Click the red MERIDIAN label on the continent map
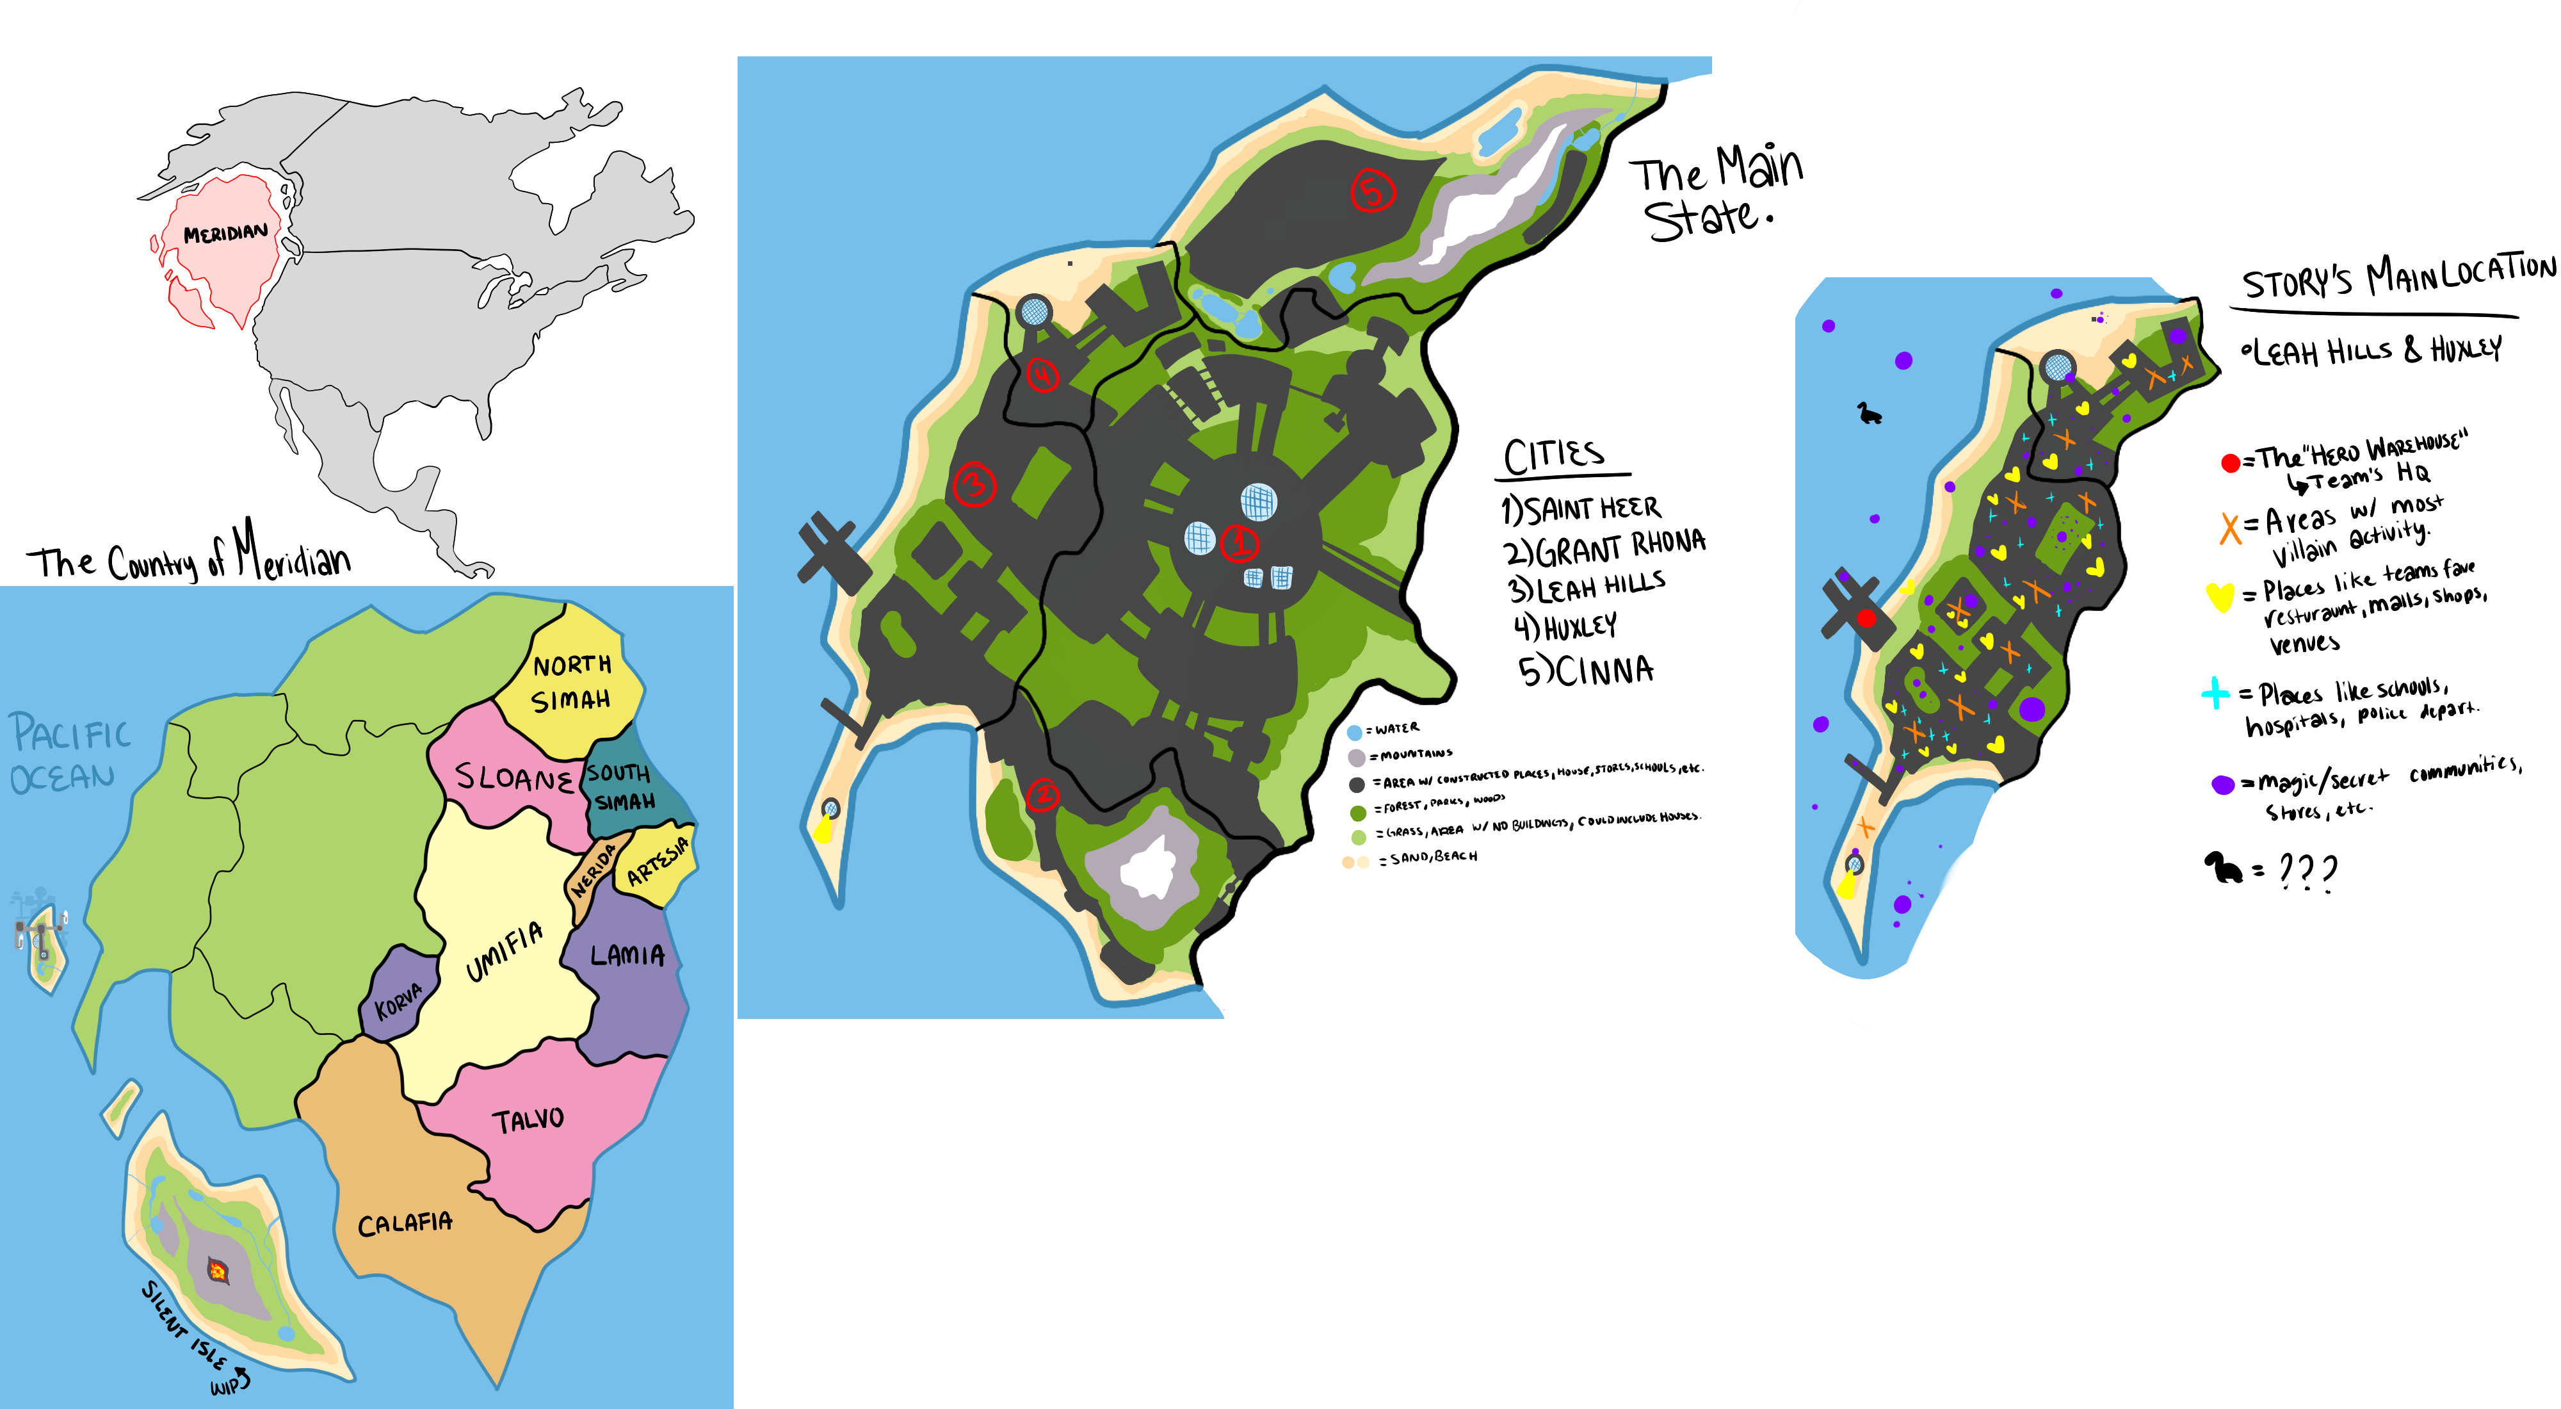[225, 234]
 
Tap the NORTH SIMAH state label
[572, 682]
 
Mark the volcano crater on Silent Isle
[217, 1270]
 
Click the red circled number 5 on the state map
[1372, 190]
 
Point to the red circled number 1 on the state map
[1240, 543]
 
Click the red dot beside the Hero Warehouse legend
[2230, 462]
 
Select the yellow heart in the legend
[2219, 597]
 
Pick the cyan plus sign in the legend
[2215, 692]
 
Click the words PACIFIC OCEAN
[70, 754]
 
